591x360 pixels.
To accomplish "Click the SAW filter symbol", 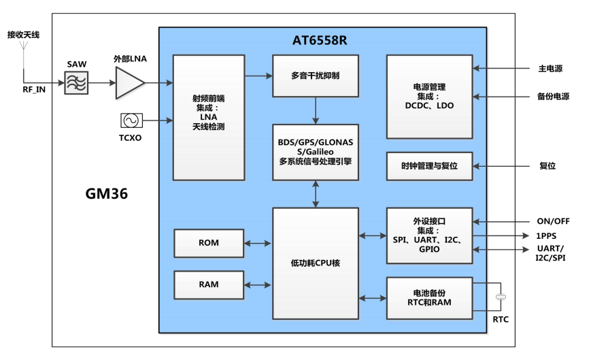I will click(77, 83).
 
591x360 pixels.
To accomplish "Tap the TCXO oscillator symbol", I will click(130, 120).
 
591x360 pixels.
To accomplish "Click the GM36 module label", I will click(107, 194).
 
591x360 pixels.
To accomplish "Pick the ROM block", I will click(209, 243).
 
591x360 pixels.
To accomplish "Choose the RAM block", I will click(209, 284).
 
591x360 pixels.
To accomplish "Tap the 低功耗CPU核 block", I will click(316, 263).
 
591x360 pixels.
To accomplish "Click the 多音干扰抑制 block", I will click(316, 76).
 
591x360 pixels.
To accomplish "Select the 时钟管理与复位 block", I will click(429, 166).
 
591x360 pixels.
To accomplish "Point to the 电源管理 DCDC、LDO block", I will click(429, 96).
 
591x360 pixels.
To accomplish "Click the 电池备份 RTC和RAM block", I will click(429, 297).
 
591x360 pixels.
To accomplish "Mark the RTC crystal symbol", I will click(501, 297).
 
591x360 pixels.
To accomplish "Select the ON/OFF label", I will click(553, 221).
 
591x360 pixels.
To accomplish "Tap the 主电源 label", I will click(550, 69).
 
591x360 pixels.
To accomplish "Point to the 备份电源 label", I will click(552, 97).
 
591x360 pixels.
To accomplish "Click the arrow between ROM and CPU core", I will click(258, 243).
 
